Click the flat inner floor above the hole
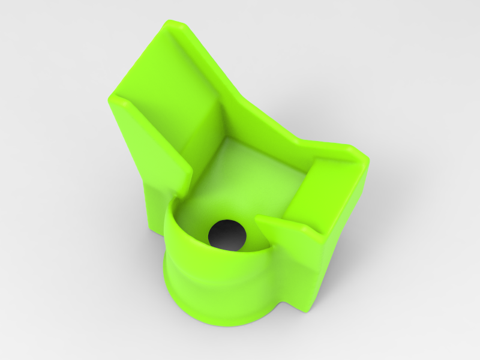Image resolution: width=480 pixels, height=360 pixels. click(x=240, y=180)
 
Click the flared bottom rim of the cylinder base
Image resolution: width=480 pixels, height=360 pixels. click(x=222, y=321)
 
